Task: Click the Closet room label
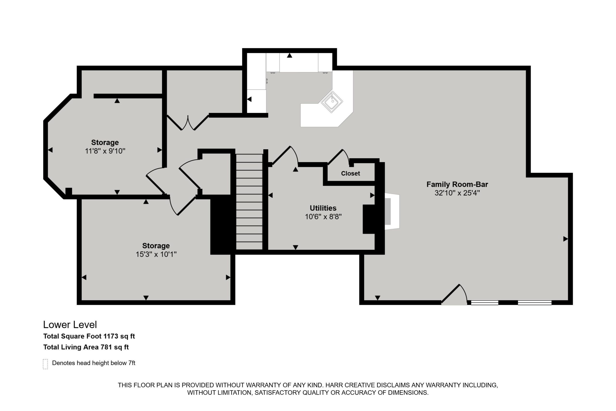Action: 350,174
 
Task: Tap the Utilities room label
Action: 323,208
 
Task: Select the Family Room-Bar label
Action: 457,184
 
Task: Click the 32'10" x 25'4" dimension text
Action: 457,193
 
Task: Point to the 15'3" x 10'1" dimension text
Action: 156,254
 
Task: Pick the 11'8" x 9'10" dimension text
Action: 105,151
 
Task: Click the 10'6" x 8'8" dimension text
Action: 323,217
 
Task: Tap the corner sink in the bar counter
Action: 332,102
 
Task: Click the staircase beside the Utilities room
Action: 249,202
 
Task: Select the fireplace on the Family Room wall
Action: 392,212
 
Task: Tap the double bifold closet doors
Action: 188,123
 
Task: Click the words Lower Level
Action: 70,325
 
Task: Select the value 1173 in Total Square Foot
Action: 111,336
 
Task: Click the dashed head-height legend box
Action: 45,364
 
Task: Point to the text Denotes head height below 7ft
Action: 94,363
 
